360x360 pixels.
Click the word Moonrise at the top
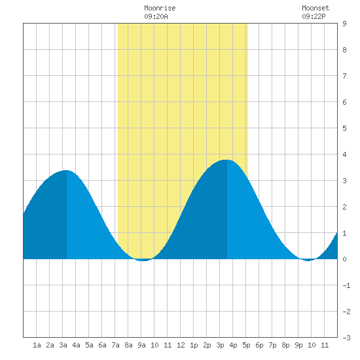tap(160, 8)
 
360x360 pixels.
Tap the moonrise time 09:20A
tap(156, 16)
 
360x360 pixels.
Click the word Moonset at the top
tap(315, 8)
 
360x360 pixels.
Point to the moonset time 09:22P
tap(314, 16)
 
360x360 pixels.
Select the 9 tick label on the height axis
tap(344, 24)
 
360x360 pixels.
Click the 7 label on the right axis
tap(344, 76)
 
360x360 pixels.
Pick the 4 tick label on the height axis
tap(344, 154)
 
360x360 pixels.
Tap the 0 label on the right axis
tap(344, 259)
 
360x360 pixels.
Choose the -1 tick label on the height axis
tap(346, 285)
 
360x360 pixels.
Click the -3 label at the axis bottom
tap(346, 338)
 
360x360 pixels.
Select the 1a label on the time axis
tap(37, 345)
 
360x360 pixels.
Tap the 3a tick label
tap(63, 345)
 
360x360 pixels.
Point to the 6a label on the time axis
tap(102, 345)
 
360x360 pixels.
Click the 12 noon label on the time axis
tap(181, 345)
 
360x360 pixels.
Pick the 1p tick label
tap(194, 345)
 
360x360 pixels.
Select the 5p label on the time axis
tap(246, 345)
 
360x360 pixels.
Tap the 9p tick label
tap(298, 345)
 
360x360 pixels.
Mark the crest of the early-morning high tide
tap(66, 170)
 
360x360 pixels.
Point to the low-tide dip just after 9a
tap(143, 261)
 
